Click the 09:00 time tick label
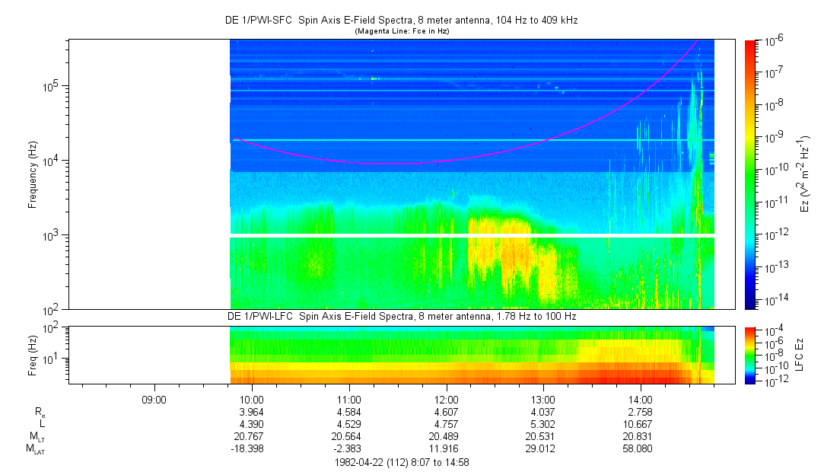pos(154,399)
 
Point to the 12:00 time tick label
pos(446,399)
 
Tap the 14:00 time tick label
pos(641,399)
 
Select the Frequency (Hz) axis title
pos(33,174)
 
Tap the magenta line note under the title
pos(402,30)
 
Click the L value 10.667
pos(641,424)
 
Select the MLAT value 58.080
pos(641,449)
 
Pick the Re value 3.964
pos(252,412)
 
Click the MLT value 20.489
pos(446,437)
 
